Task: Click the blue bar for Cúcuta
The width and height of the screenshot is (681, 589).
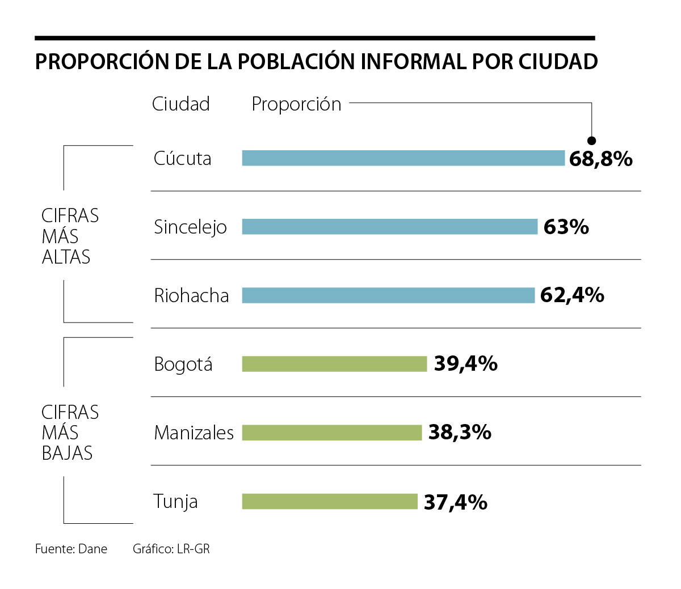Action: (403, 158)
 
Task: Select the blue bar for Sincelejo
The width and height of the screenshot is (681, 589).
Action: (389, 227)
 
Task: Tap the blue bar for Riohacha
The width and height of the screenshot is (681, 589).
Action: (388, 295)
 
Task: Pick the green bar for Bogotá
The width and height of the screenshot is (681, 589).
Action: (334, 364)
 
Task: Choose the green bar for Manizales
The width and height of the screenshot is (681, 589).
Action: (332, 433)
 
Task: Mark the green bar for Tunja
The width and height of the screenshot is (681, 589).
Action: (330, 502)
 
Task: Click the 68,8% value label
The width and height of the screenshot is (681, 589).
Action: (600, 159)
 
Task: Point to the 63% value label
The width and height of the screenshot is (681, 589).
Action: (566, 227)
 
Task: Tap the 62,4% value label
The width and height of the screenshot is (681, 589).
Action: (571, 295)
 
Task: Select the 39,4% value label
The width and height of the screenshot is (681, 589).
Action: (465, 364)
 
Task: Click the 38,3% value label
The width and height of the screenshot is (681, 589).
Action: (460, 433)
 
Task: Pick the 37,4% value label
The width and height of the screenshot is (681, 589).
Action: (455, 502)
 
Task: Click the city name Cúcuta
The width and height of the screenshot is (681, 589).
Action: (182, 158)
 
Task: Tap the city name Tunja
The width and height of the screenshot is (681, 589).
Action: (175, 502)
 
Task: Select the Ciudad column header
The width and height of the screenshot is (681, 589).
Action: (180, 104)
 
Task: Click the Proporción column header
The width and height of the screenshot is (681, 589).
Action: (296, 104)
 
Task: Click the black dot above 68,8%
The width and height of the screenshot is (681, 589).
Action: (591, 141)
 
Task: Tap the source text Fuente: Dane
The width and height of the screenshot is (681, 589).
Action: (71, 549)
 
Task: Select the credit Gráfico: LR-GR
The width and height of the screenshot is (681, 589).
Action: (171, 549)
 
